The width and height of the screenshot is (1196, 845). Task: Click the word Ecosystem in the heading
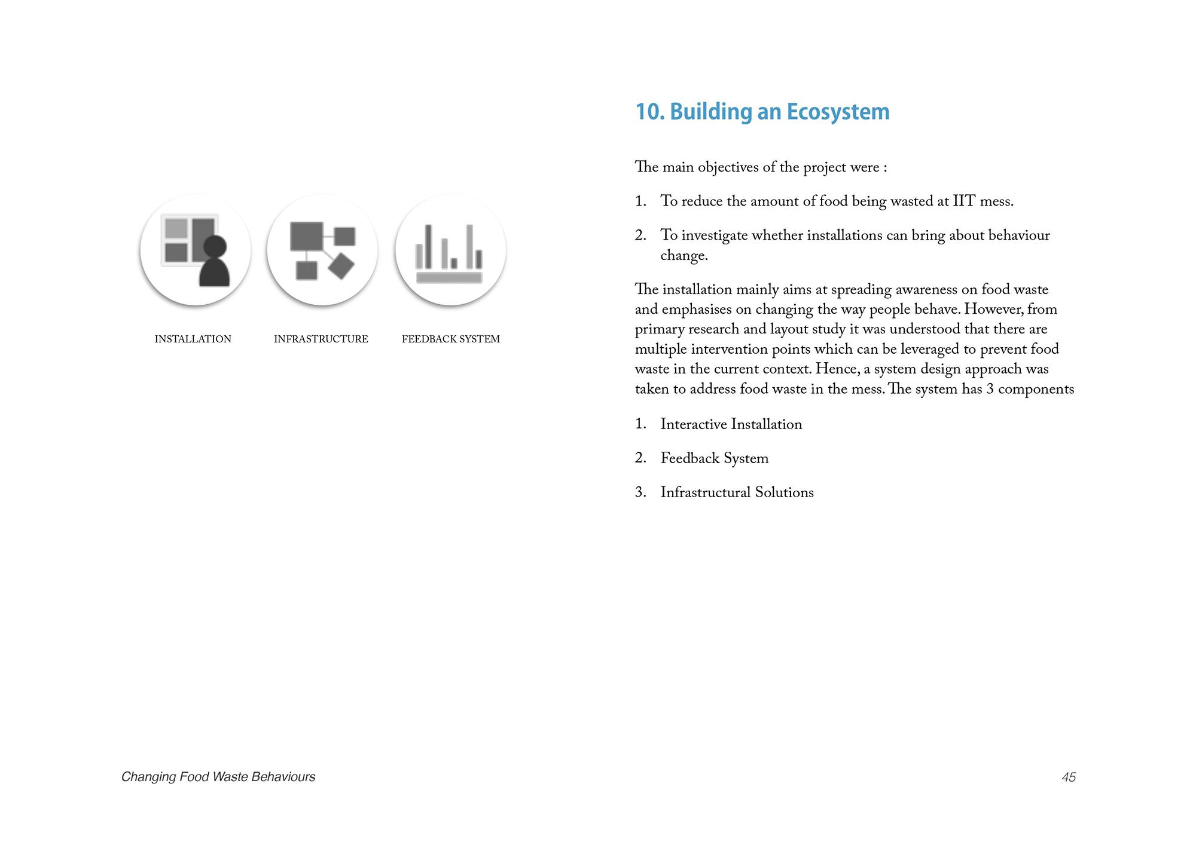point(838,112)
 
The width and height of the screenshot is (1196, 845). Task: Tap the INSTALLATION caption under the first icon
point(193,339)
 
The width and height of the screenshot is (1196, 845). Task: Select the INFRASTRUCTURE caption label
point(321,339)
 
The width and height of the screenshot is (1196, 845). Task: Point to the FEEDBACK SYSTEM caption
point(450,339)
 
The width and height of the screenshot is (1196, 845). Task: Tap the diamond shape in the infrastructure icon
point(341,266)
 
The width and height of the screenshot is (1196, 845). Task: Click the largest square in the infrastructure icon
point(306,236)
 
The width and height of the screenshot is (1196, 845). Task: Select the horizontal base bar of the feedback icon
point(449,277)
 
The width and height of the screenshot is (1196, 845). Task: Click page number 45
point(1069,777)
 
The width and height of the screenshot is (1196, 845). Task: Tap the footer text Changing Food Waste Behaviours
point(218,777)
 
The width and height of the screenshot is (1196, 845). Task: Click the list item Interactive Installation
point(731,424)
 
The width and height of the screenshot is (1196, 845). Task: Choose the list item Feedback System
point(714,458)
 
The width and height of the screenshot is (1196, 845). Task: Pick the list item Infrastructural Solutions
point(737,492)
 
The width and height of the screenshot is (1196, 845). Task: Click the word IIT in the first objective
point(964,201)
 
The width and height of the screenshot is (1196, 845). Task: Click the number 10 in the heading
point(649,112)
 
